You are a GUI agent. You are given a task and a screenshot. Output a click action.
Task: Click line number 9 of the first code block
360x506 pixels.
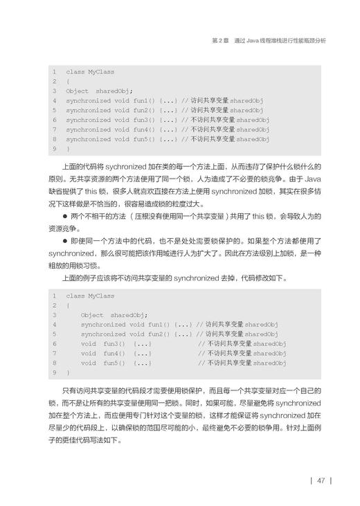coord(53,149)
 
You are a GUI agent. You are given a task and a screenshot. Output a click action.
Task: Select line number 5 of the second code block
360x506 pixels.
coord(53,334)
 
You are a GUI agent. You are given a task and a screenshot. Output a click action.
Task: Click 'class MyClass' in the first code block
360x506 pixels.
coord(91,72)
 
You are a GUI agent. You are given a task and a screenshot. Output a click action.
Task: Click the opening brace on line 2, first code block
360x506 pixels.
coord(68,82)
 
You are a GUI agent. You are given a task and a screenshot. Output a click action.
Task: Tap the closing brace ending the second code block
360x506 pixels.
coord(68,372)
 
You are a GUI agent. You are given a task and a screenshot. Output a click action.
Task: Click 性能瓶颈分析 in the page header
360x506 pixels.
coord(308,41)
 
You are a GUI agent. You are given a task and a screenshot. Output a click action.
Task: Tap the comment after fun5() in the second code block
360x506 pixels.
coord(242,363)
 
